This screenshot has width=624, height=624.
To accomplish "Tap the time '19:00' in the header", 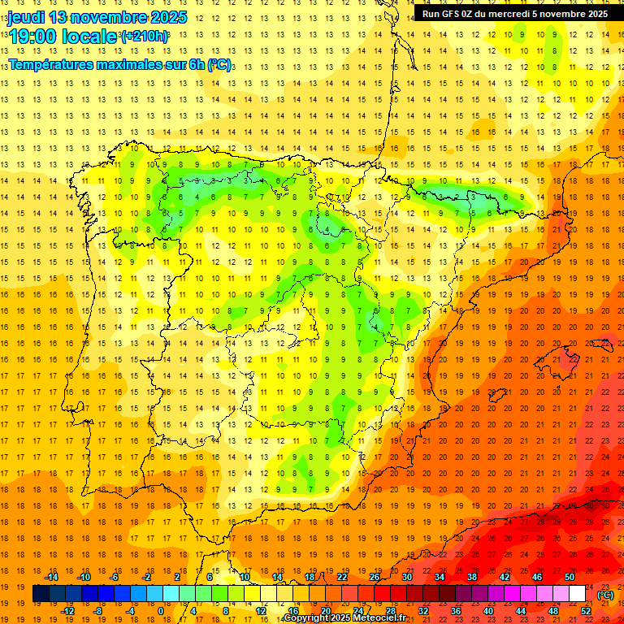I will (33, 37).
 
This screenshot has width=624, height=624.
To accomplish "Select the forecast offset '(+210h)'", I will (145, 37).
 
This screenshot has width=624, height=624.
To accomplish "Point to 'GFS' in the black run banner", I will (452, 14).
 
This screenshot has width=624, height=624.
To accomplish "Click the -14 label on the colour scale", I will (52, 577).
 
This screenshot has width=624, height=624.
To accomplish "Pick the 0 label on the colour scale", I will (160, 611).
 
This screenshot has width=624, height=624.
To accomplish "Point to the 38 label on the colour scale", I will (471, 577).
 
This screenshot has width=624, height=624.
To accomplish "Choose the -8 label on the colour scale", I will (98, 611).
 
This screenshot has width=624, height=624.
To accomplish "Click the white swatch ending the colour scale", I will (577, 594).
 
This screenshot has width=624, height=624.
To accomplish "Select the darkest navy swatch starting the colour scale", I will (41, 594).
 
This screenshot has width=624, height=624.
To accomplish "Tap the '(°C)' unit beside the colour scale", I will (605, 594).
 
